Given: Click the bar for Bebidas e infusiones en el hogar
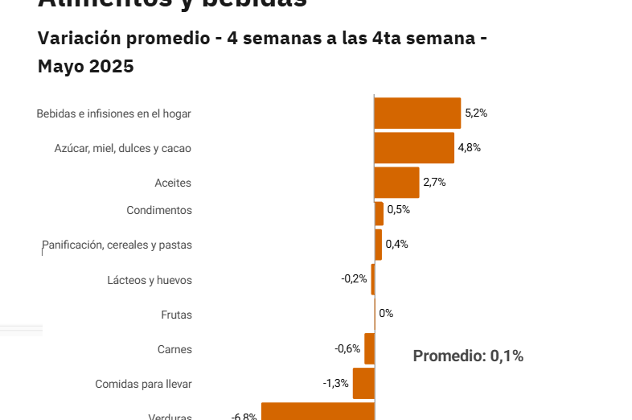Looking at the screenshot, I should (x=417, y=113).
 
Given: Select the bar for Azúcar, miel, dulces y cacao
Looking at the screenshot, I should (x=414, y=148).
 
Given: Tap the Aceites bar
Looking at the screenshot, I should (x=396, y=183).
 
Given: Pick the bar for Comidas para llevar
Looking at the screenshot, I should (x=363, y=384).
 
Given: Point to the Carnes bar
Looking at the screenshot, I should (x=369, y=349).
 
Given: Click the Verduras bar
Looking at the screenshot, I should (x=318, y=412).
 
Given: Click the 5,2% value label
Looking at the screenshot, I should (x=476, y=113).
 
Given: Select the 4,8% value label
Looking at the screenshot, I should (x=470, y=148).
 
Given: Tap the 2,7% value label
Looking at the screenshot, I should (x=434, y=183).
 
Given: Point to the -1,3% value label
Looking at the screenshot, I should (x=336, y=384).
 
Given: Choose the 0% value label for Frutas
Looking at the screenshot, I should (x=386, y=314).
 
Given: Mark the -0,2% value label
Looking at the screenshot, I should (x=354, y=279).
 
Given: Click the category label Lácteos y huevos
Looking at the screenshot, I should (x=150, y=281).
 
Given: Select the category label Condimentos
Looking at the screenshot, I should (x=159, y=211).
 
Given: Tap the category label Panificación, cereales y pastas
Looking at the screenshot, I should (x=117, y=245).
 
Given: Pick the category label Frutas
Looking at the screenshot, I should (x=176, y=315).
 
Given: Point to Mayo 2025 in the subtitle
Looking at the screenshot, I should (x=86, y=67).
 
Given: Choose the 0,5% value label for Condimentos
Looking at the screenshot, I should (x=399, y=210).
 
